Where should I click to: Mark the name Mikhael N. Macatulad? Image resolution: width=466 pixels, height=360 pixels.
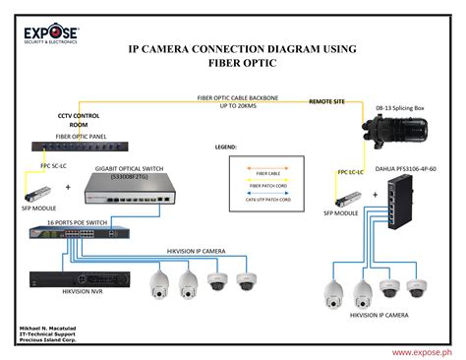(x=49, y=326)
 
